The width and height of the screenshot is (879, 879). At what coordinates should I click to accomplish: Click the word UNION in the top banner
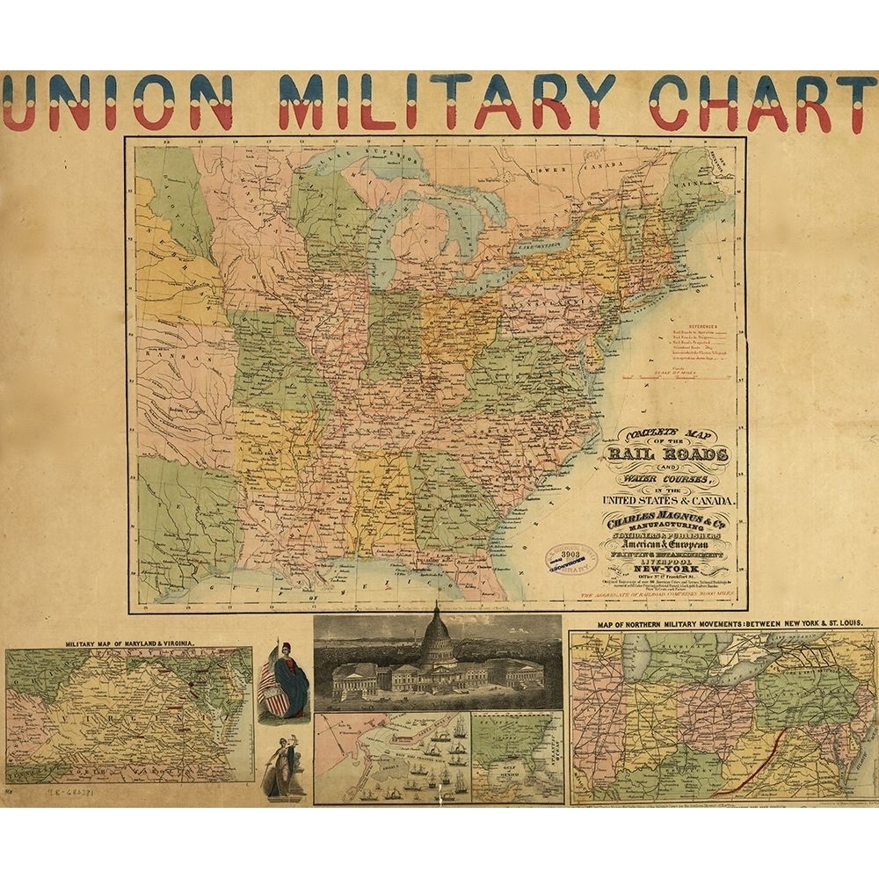click(x=118, y=102)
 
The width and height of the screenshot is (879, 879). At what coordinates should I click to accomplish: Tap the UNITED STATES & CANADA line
click(x=669, y=501)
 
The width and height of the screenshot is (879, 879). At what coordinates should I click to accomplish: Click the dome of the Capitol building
click(x=437, y=640)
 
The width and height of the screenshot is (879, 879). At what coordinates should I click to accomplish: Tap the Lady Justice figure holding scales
click(x=283, y=771)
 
